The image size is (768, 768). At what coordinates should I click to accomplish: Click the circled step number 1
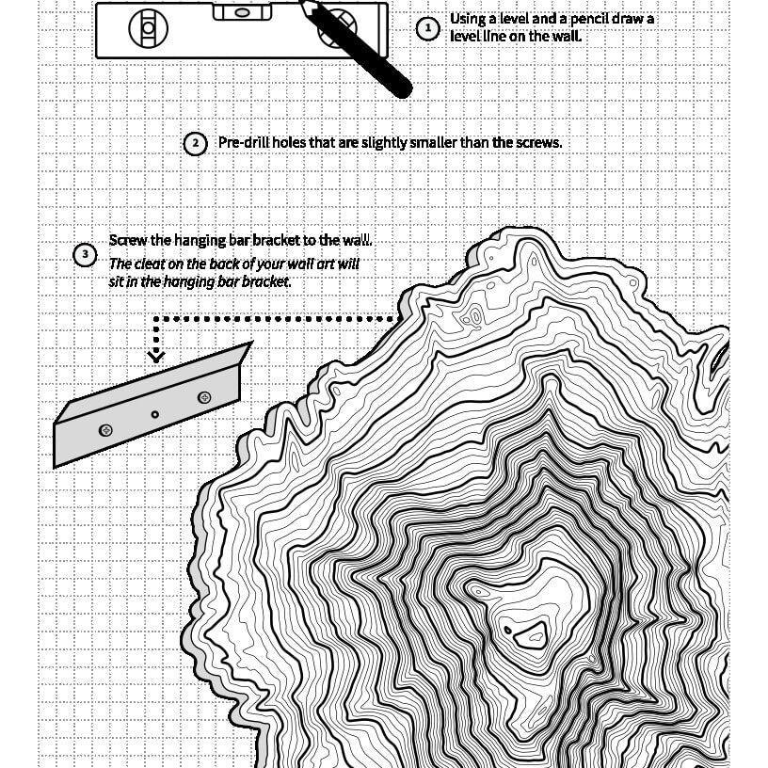[x=428, y=28]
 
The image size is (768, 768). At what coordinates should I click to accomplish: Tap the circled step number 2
[x=194, y=144]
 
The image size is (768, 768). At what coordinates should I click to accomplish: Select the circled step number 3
[x=85, y=255]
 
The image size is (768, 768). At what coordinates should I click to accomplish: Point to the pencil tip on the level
[x=303, y=4]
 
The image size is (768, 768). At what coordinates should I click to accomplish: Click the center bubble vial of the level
[x=238, y=12]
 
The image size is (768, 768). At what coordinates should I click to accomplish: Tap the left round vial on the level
[x=148, y=28]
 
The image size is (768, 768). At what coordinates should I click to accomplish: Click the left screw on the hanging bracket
[x=105, y=430]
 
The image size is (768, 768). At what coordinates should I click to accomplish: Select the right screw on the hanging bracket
[x=205, y=397]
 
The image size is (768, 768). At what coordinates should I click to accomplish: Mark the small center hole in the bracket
[x=155, y=414]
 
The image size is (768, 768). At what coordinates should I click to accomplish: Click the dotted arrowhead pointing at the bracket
[x=156, y=355]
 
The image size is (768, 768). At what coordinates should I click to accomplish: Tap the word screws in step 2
[x=538, y=142]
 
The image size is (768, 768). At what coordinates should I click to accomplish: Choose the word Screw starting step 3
[x=126, y=241]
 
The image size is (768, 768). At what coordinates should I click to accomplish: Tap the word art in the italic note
[x=312, y=264]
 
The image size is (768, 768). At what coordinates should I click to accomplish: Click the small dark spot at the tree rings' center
[x=508, y=630]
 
